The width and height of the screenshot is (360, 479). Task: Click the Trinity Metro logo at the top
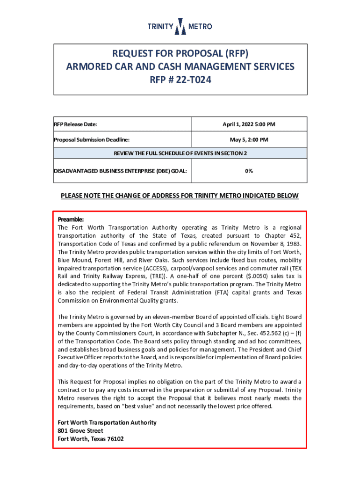(180, 27)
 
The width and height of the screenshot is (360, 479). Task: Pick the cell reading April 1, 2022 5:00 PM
(248, 124)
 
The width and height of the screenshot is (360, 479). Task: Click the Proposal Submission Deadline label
(92, 139)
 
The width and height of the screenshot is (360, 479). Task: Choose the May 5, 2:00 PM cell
(248, 139)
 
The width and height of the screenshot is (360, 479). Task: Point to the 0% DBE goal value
(248, 171)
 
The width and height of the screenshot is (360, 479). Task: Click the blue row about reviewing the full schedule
(180, 153)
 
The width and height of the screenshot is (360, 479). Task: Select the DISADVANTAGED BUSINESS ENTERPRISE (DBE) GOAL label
(121, 171)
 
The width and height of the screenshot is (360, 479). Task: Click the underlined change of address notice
(180, 196)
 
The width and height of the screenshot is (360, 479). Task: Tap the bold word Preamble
(71, 219)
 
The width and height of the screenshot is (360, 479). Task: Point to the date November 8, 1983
(276, 243)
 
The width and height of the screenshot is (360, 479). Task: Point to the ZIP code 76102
(115, 439)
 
